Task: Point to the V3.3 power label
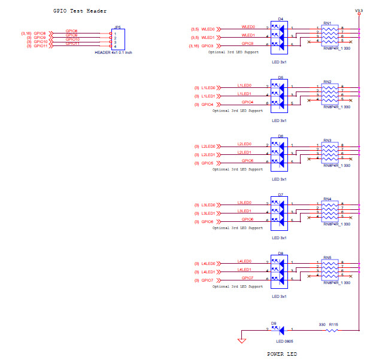click(x=359, y=10)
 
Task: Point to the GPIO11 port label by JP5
click(x=40, y=46)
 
